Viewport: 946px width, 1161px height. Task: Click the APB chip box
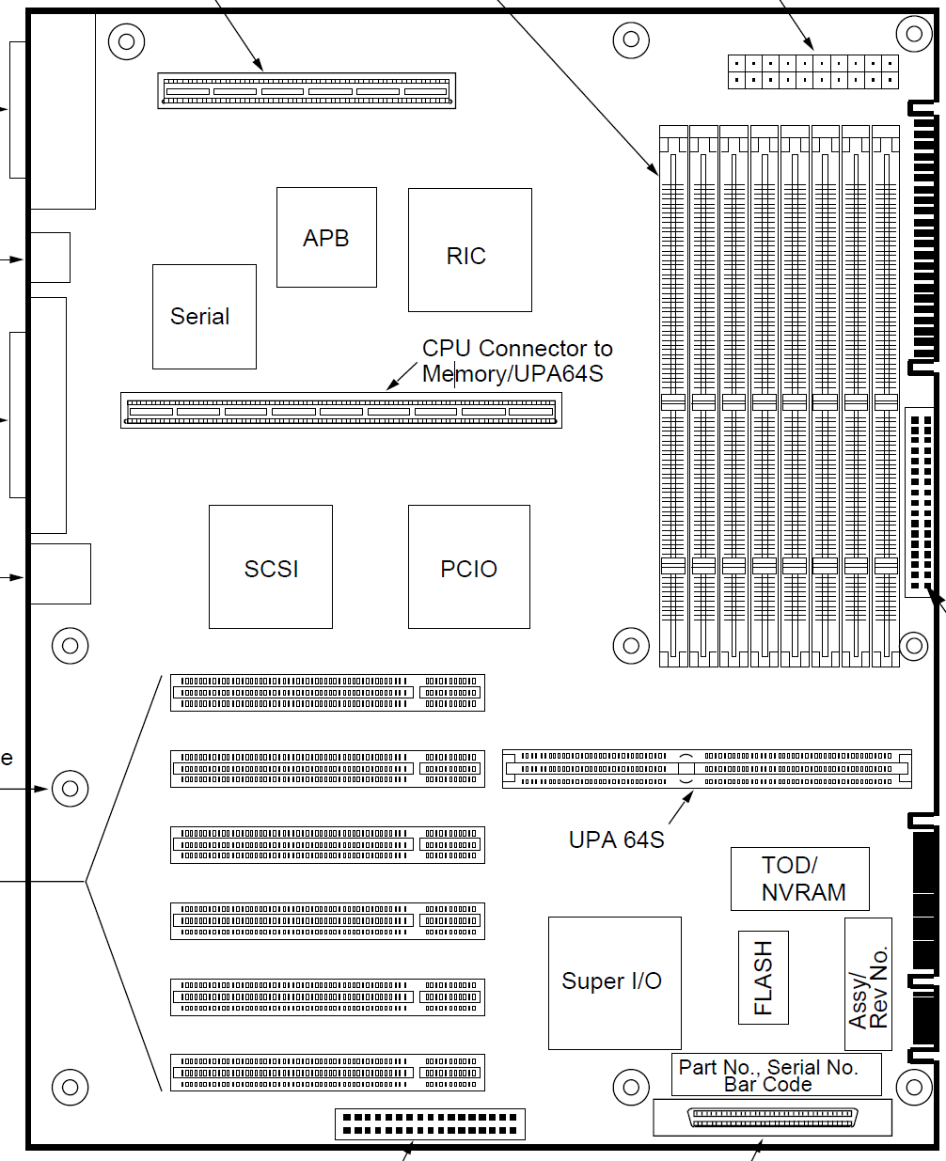(326, 237)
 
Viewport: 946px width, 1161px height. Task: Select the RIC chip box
(470, 250)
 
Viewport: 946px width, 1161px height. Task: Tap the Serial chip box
(204, 317)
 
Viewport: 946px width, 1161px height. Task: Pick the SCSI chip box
(271, 567)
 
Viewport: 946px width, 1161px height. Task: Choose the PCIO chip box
(469, 567)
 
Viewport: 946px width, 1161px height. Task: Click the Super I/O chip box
(615, 982)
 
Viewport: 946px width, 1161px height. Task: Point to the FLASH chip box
(764, 978)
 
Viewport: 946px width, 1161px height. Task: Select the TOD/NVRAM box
(800, 879)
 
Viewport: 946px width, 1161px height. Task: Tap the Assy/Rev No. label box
(868, 984)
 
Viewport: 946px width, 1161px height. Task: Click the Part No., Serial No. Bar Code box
(777, 1075)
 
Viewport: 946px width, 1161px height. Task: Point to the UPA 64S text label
(616, 839)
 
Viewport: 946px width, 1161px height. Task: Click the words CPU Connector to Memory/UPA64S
(517, 361)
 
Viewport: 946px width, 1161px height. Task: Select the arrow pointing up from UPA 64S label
(681, 807)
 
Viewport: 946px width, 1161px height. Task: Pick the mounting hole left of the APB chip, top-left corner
(127, 41)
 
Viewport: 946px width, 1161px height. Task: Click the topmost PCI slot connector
(327, 692)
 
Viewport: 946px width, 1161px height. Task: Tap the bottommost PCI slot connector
(327, 1072)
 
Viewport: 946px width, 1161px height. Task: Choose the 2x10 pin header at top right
(813, 71)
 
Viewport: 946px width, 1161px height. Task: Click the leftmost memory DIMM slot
(673, 397)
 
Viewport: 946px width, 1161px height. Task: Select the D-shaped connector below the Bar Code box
(773, 1118)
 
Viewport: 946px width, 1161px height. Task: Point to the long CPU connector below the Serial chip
(341, 411)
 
